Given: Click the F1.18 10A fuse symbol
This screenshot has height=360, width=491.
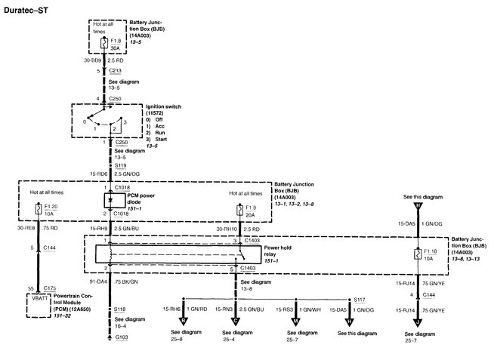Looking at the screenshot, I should tap(417, 254).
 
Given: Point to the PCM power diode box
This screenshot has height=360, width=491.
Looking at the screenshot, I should tap(110, 200).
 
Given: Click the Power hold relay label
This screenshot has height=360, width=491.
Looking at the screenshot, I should tap(280, 251).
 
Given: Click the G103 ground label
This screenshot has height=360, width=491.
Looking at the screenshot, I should tap(121, 349).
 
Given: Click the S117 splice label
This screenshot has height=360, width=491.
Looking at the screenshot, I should tap(360, 300).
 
